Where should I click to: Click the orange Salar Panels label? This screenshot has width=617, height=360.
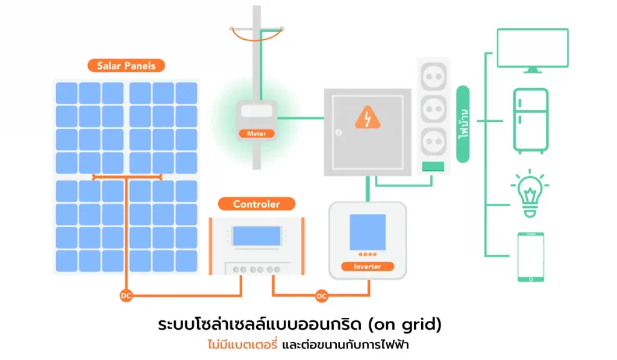[126, 66]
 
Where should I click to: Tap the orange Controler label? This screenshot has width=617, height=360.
[256, 204]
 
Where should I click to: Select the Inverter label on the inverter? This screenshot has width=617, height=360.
[367, 266]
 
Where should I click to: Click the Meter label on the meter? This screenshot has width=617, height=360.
[257, 133]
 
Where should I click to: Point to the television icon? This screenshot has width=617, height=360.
[532, 49]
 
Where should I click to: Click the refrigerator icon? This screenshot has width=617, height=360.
[530, 121]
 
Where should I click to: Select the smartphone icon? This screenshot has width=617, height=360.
[530, 257]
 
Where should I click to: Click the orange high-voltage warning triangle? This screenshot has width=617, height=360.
[367, 118]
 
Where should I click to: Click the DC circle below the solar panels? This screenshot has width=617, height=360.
[125, 296]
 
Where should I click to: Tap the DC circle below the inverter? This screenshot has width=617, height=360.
[321, 296]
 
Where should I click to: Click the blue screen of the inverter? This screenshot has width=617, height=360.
[367, 232]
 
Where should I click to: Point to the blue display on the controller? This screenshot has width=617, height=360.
[257, 236]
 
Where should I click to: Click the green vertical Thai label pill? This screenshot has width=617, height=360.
[463, 124]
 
